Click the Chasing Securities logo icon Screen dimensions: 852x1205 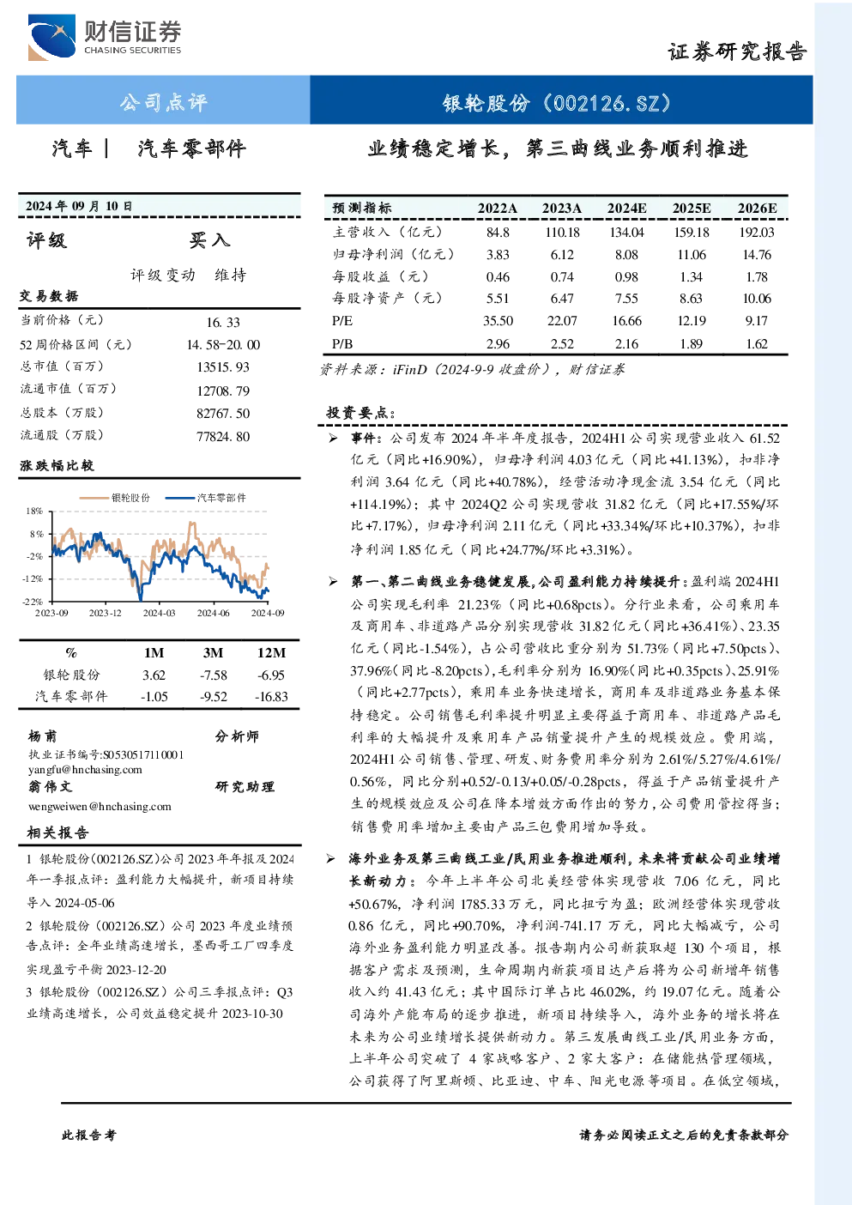tap(51, 37)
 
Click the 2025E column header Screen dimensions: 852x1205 tap(692, 209)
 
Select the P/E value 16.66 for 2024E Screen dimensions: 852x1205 tap(626, 321)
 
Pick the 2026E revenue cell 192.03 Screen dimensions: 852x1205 tap(756, 233)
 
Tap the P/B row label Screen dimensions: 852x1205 tap(342, 344)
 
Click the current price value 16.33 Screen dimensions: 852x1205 tap(223, 322)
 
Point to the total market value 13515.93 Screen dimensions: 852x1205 tap(223, 367)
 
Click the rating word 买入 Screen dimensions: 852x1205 tap(209, 240)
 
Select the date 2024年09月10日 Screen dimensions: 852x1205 tap(79, 206)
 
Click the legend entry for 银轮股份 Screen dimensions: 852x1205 tap(115, 498)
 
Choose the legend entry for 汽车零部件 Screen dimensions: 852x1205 tap(205, 498)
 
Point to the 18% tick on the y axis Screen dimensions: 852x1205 tap(34, 511)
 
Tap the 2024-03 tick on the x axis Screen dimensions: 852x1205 tap(160, 613)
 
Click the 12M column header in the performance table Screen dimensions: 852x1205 tap(272, 652)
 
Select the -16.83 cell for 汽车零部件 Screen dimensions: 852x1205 tap(272, 697)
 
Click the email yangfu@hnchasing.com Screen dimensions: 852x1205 tap(85, 770)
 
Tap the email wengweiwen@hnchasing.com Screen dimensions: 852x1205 tap(100, 807)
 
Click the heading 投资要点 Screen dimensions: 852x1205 tap(361, 413)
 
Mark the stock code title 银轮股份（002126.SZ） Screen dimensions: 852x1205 tap(557, 102)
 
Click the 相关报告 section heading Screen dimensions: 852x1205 tap(58, 833)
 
